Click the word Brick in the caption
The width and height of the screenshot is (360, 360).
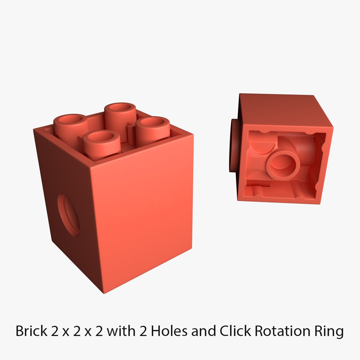(31, 331)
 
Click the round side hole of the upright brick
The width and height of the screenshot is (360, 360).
(69, 215)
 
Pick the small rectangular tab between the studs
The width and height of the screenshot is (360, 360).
(130, 134)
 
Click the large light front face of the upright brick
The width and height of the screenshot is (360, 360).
(144, 216)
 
